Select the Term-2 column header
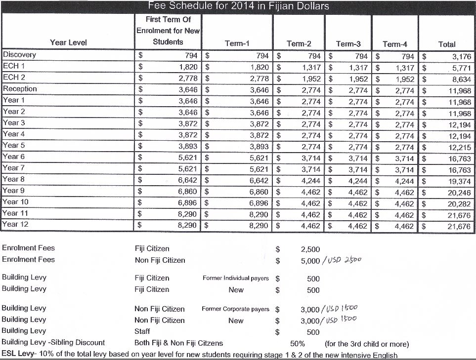(x=296, y=43)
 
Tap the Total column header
(x=447, y=44)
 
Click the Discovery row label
(x=19, y=55)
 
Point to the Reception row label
(x=20, y=89)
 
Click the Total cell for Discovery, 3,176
(x=463, y=56)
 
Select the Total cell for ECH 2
(x=463, y=79)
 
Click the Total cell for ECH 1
(x=463, y=68)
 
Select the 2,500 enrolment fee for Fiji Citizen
(x=310, y=249)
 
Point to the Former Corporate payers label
(x=235, y=309)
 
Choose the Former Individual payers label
(x=235, y=278)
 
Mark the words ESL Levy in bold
(x=19, y=354)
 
